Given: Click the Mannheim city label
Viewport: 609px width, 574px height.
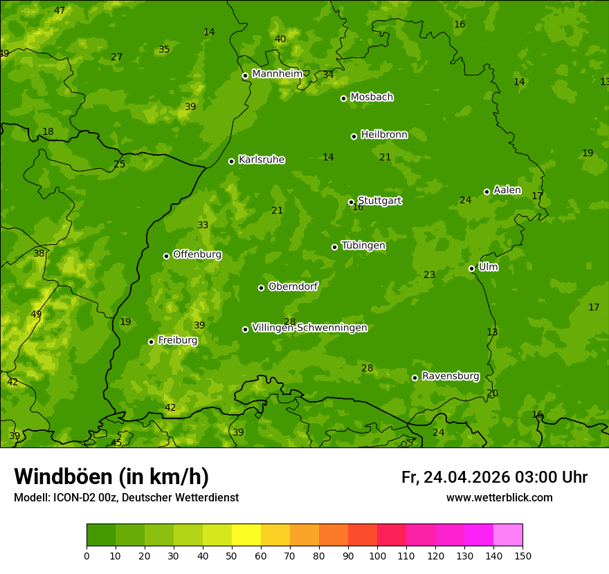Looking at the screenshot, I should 277,74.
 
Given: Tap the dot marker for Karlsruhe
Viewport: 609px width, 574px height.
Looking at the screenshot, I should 231,161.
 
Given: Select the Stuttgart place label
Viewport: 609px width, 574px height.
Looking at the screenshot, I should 379,201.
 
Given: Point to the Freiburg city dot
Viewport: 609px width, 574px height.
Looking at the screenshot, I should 151,342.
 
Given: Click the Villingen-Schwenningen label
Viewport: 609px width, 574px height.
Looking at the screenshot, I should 309,328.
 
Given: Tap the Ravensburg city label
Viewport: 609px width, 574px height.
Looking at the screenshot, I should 451,376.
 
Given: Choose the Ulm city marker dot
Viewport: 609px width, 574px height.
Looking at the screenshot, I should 471,268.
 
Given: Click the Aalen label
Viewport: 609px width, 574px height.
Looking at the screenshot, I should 507,190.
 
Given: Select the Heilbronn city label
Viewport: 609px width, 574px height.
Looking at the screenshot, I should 384,135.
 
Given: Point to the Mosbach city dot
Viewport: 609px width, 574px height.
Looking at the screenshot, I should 343,98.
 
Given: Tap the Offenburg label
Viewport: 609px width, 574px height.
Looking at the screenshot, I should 197,254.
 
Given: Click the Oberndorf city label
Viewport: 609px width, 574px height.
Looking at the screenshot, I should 293,286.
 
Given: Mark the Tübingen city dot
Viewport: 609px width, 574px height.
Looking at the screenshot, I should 334,247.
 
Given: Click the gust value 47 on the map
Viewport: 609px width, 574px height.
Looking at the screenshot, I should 60,10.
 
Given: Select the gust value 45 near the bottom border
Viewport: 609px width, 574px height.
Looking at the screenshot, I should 116,443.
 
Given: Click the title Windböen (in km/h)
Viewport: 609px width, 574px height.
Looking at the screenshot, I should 111,476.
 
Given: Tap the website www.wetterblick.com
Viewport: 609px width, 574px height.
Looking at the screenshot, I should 499,497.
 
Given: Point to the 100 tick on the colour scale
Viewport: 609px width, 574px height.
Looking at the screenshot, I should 377,555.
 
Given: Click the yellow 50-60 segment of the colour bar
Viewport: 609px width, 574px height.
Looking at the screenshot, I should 246,535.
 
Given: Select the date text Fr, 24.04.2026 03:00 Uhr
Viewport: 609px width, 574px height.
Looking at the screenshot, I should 494,477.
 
